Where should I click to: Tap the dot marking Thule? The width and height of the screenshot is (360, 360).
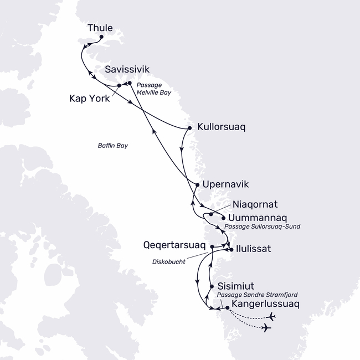[101, 37]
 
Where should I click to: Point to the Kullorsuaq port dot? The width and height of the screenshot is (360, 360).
[190, 128]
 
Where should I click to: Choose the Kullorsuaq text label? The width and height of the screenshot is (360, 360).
[220, 127]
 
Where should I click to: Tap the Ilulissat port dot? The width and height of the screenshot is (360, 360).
[230, 249]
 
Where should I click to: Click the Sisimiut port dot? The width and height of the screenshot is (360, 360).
[212, 286]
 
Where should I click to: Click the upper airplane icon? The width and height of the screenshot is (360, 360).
[271, 316]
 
